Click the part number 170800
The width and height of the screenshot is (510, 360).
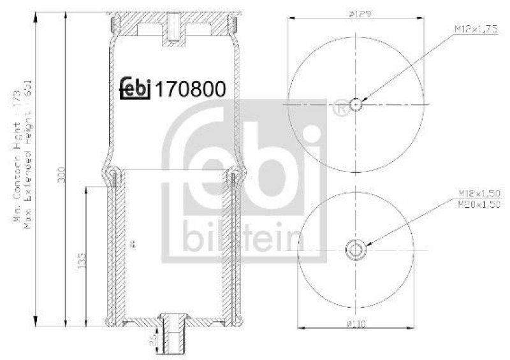(x=191, y=90)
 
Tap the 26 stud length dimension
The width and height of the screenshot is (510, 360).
(x=154, y=338)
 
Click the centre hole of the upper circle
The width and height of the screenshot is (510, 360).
(x=356, y=104)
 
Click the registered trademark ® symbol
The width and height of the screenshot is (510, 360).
(x=340, y=109)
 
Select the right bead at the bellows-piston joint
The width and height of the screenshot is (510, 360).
(x=234, y=173)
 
